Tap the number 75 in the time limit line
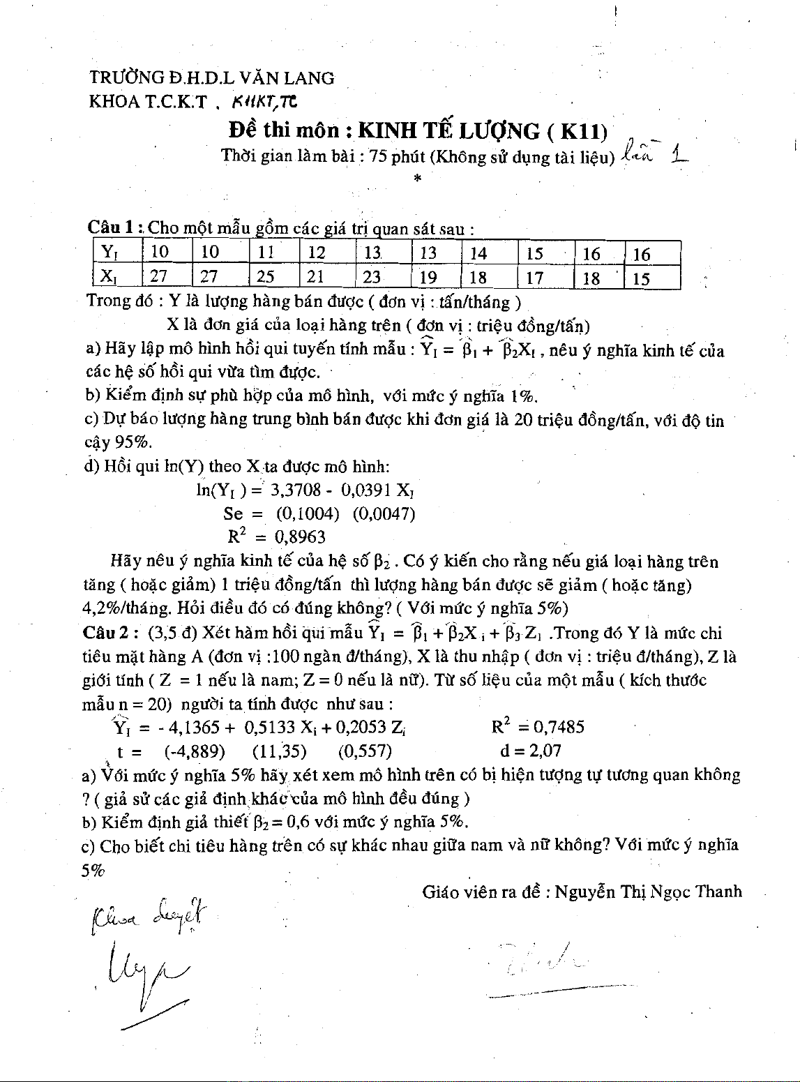point(378,156)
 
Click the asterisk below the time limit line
point(417,179)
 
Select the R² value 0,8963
point(300,537)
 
